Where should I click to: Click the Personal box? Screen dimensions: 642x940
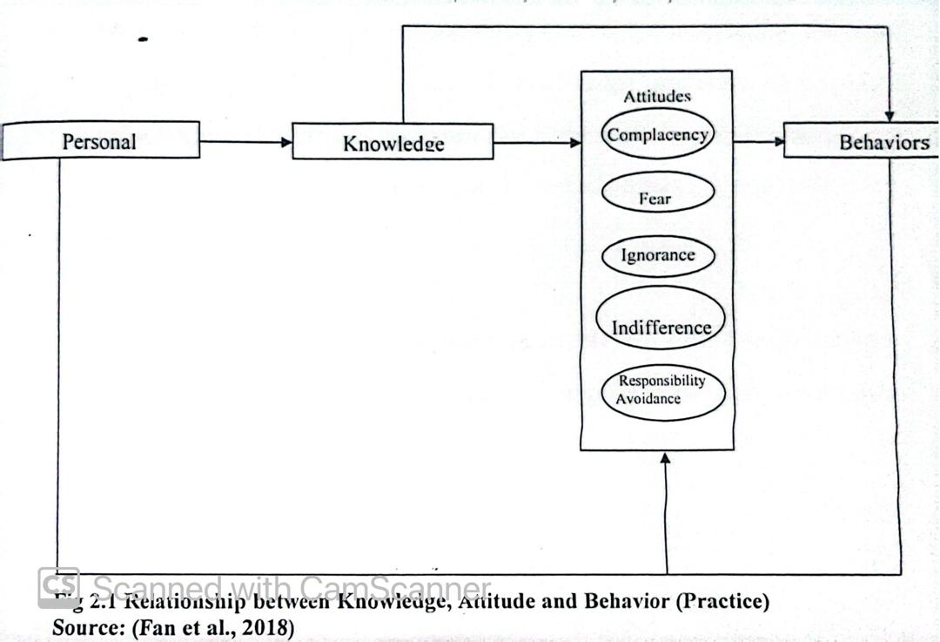[x=100, y=140]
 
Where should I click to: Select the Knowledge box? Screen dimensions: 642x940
[x=393, y=142]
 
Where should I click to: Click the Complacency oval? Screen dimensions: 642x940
[x=658, y=134]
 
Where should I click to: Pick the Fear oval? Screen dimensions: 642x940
[x=656, y=197]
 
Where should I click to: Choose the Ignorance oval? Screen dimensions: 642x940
[x=658, y=255]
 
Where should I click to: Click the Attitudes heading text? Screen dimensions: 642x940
[x=657, y=96]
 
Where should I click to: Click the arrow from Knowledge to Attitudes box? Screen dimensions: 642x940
[x=536, y=142]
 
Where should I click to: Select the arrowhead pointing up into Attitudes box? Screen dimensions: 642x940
[x=667, y=458]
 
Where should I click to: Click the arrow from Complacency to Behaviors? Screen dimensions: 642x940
[x=758, y=141]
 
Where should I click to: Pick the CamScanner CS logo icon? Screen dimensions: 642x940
[x=58, y=587]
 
